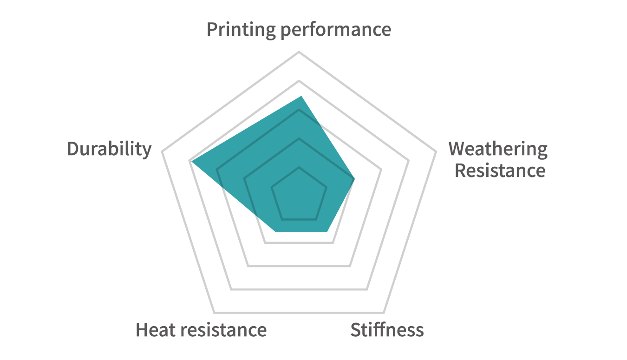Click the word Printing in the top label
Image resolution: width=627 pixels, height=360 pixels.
(241, 30)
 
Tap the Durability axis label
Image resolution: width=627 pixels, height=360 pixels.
(109, 149)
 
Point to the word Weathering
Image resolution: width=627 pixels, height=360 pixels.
(498, 149)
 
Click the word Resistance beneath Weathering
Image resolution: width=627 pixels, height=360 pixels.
(500, 170)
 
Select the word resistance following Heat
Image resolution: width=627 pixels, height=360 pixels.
(223, 330)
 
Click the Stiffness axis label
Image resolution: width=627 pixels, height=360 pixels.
(387, 330)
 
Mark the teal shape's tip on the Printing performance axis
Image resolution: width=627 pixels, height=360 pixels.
(301, 96)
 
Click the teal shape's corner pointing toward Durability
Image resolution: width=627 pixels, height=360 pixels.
(191, 161)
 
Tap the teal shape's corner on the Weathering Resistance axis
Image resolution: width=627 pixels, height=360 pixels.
(355, 179)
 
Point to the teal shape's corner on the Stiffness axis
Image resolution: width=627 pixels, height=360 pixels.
(327, 231)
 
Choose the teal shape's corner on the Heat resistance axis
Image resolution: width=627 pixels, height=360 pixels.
(275, 231)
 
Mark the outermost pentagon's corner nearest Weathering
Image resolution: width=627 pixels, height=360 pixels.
(436, 152)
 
